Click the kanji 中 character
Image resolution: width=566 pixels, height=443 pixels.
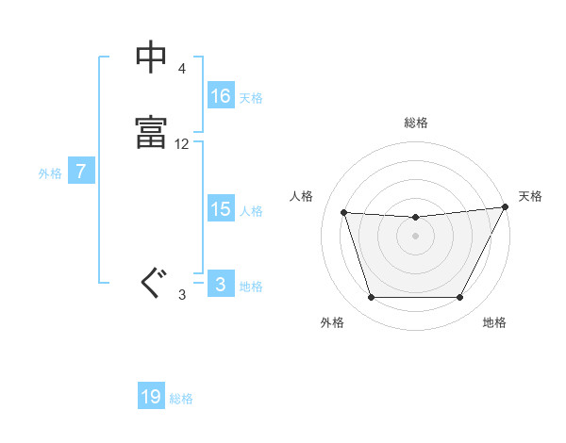(152, 58)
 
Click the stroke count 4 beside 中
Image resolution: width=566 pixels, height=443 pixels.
(181, 70)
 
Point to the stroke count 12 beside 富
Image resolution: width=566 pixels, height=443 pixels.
(182, 144)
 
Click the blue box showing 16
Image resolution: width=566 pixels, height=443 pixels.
(221, 95)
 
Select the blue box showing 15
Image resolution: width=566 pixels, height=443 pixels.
(221, 209)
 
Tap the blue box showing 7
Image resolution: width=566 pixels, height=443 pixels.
(81, 172)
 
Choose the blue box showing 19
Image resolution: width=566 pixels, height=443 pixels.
(151, 397)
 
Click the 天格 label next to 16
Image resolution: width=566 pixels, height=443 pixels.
(251, 97)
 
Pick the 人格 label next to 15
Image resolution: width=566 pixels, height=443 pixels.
(251, 211)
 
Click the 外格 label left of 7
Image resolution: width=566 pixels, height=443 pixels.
(49, 173)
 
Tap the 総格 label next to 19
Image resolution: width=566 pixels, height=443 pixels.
(181, 399)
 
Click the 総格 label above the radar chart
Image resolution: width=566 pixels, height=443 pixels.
(416, 123)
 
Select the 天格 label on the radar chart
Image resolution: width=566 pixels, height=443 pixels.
(530, 196)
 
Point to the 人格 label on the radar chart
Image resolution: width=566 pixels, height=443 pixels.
(302, 196)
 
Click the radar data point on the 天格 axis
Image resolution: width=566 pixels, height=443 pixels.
(506, 206)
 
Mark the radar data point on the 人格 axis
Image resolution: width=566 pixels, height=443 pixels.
(344, 213)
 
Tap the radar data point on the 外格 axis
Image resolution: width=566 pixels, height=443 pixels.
(372, 298)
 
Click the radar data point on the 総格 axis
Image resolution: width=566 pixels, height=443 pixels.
(416, 218)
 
